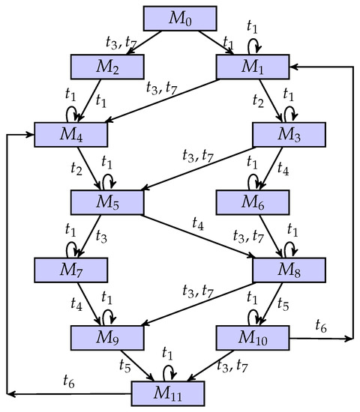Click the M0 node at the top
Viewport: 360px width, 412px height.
(x=180, y=17)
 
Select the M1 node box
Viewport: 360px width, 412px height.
(x=253, y=67)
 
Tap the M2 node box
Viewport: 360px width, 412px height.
(x=108, y=67)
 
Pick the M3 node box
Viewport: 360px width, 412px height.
(x=289, y=134)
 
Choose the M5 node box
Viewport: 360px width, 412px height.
(x=108, y=201)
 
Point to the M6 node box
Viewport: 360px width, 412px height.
(x=253, y=201)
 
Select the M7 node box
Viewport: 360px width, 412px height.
(x=72, y=267)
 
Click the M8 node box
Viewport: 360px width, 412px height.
(x=289, y=267)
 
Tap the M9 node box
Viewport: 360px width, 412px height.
(x=108, y=335)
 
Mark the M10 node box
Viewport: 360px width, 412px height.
(x=253, y=335)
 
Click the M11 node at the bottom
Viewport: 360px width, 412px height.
(x=168, y=392)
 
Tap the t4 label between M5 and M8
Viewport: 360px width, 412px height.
(x=197, y=222)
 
